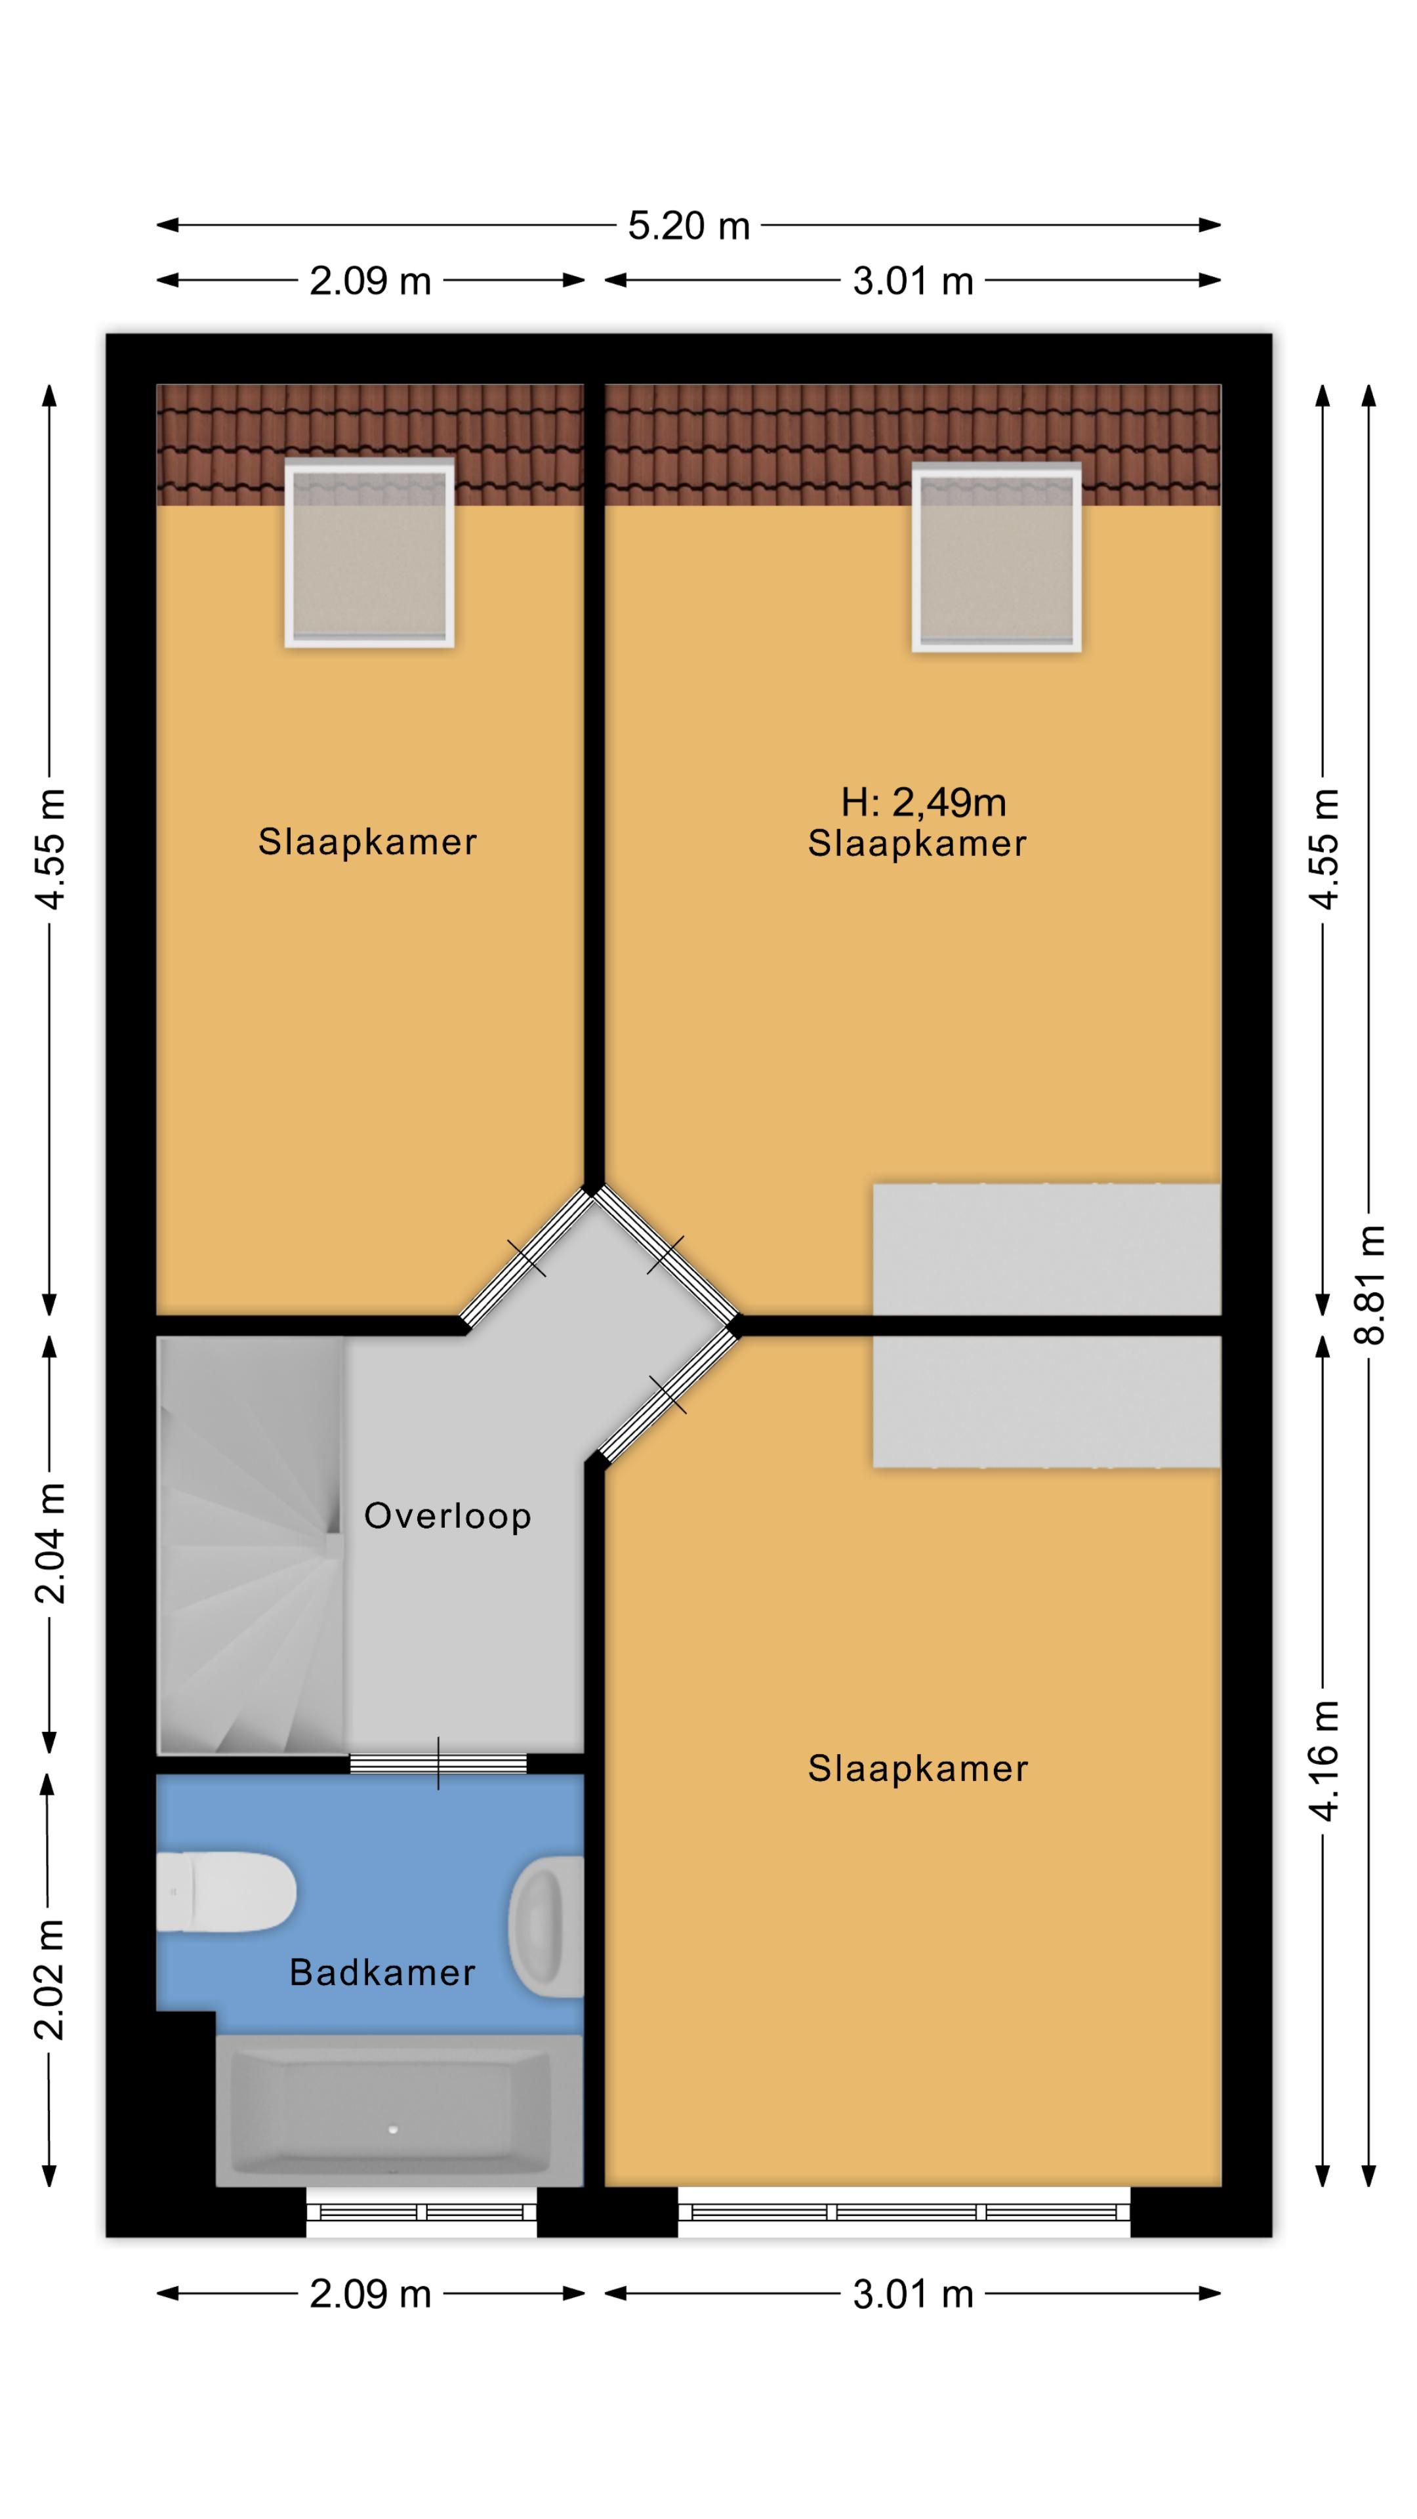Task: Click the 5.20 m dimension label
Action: (688, 226)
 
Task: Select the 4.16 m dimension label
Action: (1324, 1761)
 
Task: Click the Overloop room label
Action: (448, 1516)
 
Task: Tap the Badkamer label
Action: (382, 1973)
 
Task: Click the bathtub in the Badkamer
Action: (399, 2110)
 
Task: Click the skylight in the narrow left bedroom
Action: (369, 554)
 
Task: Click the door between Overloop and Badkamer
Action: (438, 1764)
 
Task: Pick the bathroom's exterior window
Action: (421, 2212)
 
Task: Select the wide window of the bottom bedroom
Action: (905, 2212)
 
